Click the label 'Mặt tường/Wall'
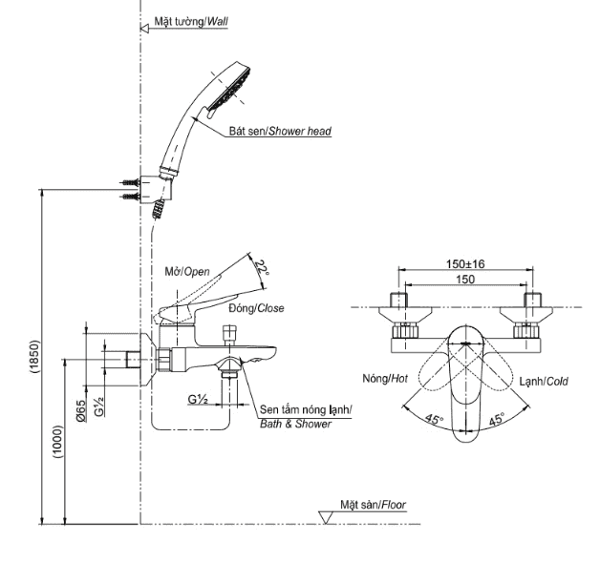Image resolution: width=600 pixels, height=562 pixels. (x=191, y=19)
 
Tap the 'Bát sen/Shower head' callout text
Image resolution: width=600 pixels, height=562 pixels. (x=280, y=131)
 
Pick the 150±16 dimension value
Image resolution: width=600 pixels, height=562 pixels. (x=464, y=264)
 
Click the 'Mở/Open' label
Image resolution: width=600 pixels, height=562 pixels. (x=185, y=271)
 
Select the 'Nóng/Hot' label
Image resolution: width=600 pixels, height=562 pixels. (x=385, y=380)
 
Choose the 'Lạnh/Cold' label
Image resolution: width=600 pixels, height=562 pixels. (x=544, y=381)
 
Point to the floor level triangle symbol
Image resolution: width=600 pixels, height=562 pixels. (x=327, y=517)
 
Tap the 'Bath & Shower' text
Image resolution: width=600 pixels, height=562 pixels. (x=295, y=424)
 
